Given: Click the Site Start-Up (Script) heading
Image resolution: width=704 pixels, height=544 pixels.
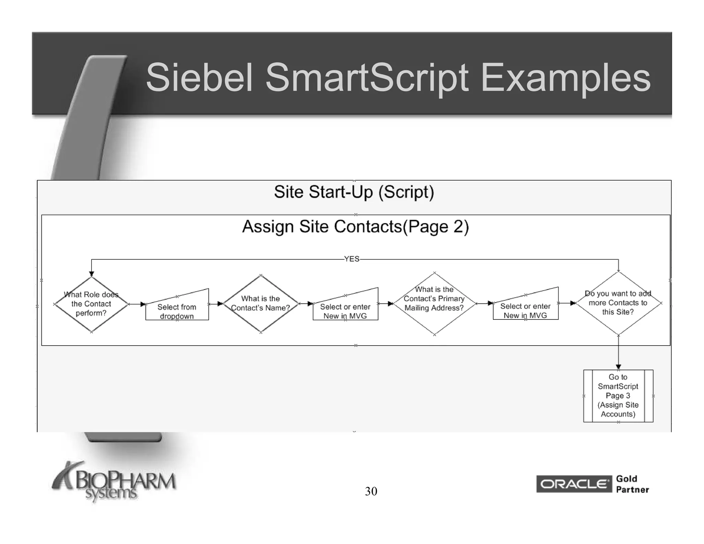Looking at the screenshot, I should point(354,192).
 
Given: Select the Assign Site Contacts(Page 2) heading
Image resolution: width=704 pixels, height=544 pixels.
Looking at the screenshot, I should point(355,227).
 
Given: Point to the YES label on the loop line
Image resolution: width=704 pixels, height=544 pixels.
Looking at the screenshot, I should point(352,259).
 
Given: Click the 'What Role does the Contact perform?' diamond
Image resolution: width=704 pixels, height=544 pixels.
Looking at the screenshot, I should point(91,304).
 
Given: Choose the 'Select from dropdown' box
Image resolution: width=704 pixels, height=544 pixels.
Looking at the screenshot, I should point(177,309).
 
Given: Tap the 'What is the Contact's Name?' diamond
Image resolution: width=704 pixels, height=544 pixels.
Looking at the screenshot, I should point(261,304).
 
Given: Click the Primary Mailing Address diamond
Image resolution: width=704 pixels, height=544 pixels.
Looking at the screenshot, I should point(434,303).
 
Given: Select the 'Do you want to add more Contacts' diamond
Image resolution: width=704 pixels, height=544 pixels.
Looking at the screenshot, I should point(618,303).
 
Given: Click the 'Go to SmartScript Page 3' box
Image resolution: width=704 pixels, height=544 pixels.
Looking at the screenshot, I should point(618,395).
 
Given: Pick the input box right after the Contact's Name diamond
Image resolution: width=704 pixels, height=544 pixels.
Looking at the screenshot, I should point(345,309).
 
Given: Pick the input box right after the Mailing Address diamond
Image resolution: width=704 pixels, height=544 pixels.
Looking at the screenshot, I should point(525,308).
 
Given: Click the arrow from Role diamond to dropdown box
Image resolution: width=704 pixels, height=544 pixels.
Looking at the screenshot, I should point(137,304).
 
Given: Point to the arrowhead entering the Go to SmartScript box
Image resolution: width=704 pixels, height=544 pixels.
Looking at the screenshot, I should point(618,367).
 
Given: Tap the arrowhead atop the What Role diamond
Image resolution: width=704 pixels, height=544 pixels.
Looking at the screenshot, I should point(91,274).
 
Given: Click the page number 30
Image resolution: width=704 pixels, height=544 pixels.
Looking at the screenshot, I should point(371,491).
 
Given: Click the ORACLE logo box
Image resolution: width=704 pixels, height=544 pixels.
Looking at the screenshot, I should point(574,484).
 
